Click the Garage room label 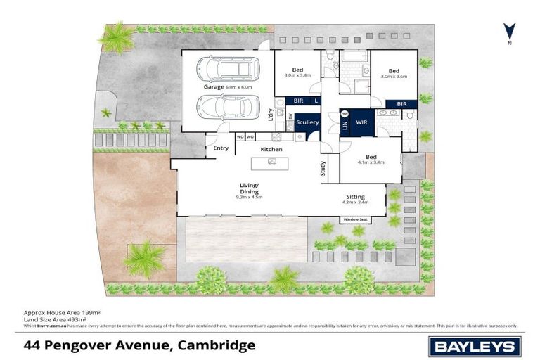click(214, 87)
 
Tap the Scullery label click(307, 122)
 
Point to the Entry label click(221, 148)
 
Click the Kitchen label click(271, 149)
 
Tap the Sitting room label click(355, 198)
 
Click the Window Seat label click(354, 220)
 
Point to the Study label click(323, 169)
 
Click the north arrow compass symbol click(509, 32)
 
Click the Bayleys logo click(475, 345)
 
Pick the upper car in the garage click(227, 69)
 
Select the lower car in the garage click(227, 108)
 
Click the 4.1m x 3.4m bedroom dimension click(371, 162)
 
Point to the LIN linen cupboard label click(345, 124)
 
